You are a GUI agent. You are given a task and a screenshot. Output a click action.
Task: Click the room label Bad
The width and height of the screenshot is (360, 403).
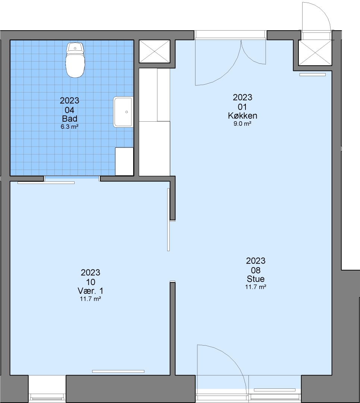(x=70, y=119)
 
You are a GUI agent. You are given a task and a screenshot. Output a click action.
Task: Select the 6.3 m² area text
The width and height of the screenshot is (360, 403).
(x=69, y=127)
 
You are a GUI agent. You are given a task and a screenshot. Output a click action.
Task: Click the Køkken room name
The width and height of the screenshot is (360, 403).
(x=242, y=116)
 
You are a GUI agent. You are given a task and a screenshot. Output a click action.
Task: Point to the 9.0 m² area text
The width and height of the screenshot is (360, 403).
(x=242, y=124)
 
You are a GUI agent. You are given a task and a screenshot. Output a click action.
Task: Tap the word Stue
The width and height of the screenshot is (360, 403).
(x=256, y=279)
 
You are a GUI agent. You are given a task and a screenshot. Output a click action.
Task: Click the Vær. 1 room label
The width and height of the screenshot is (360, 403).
(x=90, y=291)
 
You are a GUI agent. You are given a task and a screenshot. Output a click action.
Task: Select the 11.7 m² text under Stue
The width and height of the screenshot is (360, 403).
(x=256, y=287)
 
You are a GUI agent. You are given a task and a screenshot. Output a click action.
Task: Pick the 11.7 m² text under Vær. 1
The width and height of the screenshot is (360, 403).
(x=90, y=299)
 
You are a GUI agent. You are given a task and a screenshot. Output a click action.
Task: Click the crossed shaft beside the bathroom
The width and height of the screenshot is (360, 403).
(x=154, y=51)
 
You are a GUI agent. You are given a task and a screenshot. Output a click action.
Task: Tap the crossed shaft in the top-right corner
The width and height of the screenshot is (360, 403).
(x=315, y=53)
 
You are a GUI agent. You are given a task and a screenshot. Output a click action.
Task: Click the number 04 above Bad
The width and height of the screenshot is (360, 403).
(x=69, y=110)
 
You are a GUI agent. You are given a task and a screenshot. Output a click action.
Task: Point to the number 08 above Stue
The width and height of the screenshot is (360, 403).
(x=256, y=270)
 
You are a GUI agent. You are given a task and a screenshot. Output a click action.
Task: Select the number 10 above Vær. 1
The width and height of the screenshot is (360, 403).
(x=90, y=282)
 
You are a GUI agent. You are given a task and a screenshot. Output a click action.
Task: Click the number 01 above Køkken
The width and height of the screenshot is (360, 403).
(x=242, y=107)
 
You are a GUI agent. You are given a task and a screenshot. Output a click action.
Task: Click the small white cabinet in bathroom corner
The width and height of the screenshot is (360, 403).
(x=124, y=162)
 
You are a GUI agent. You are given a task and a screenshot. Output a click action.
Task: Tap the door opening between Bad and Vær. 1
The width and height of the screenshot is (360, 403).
(x=72, y=179)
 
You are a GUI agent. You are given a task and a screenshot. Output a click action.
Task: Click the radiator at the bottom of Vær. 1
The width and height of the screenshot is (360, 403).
(x=118, y=371)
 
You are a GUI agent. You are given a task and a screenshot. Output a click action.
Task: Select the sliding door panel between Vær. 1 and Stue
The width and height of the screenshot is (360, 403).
(x=169, y=219)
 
